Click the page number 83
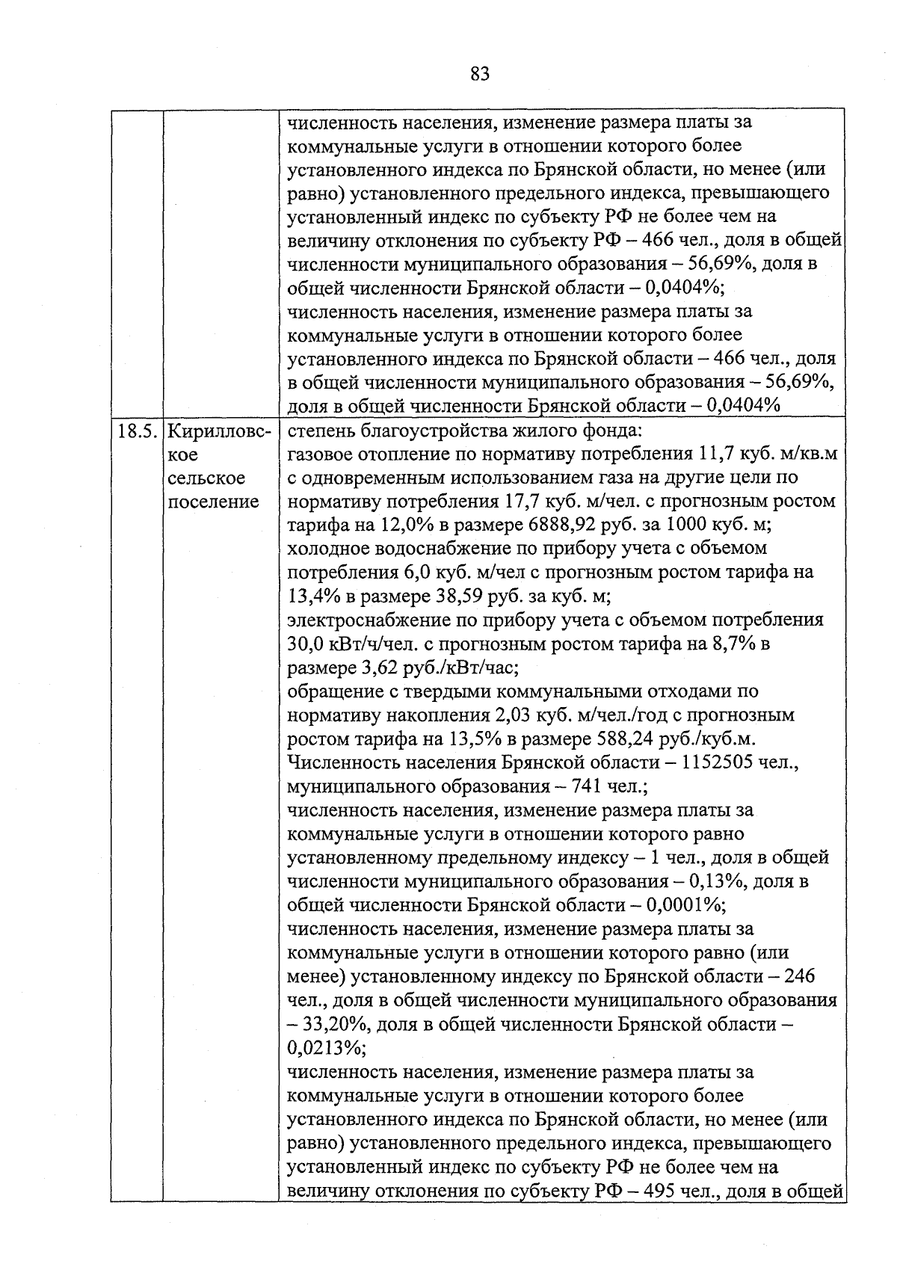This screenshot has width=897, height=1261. pyautogui.click(x=480, y=73)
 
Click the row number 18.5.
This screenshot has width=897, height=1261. pyautogui.click(x=137, y=431)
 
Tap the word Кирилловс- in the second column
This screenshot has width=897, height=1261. pyautogui.click(x=218, y=431)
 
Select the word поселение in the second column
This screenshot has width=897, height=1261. pyautogui.click(x=213, y=502)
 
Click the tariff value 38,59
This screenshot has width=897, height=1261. pyautogui.click(x=457, y=596)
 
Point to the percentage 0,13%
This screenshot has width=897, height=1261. pyautogui.click(x=715, y=882)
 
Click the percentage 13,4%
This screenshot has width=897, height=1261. pyautogui.click(x=314, y=596)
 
